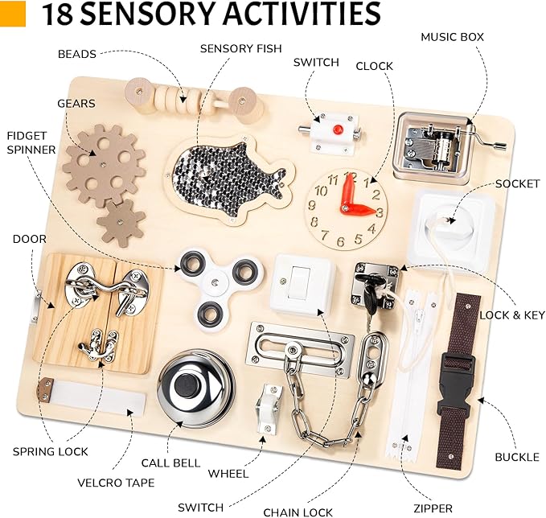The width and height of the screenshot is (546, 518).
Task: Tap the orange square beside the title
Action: click(14, 14)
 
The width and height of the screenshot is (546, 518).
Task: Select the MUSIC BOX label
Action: click(451, 36)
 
